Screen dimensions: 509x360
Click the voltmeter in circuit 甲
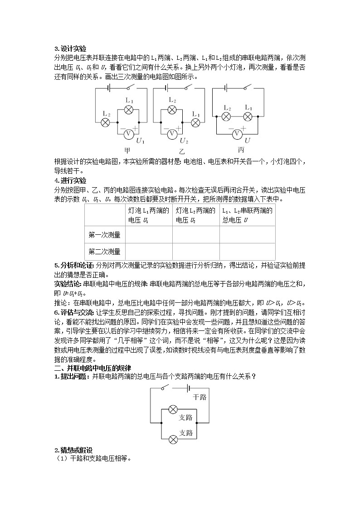[x=128, y=134]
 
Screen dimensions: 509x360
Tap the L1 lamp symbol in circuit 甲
[x=128, y=110]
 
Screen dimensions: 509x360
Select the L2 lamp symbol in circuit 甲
[x=105, y=122]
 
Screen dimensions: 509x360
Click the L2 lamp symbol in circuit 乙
[x=172, y=110]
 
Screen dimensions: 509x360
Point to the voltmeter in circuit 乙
[x=172, y=134]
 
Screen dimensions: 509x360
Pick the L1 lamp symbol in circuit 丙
[x=248, y=117]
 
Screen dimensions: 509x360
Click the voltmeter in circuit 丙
[x=236, y=134]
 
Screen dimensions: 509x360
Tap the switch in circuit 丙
[x=247, y=87]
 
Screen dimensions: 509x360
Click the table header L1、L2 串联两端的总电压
[x=247, y=215]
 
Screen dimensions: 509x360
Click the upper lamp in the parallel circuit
[x=173, y=410]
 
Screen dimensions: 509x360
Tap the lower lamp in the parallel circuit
[x=173, y=439]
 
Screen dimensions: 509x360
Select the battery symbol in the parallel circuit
[x=187, y=388]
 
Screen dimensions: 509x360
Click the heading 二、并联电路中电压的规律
[x=92, y=368]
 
